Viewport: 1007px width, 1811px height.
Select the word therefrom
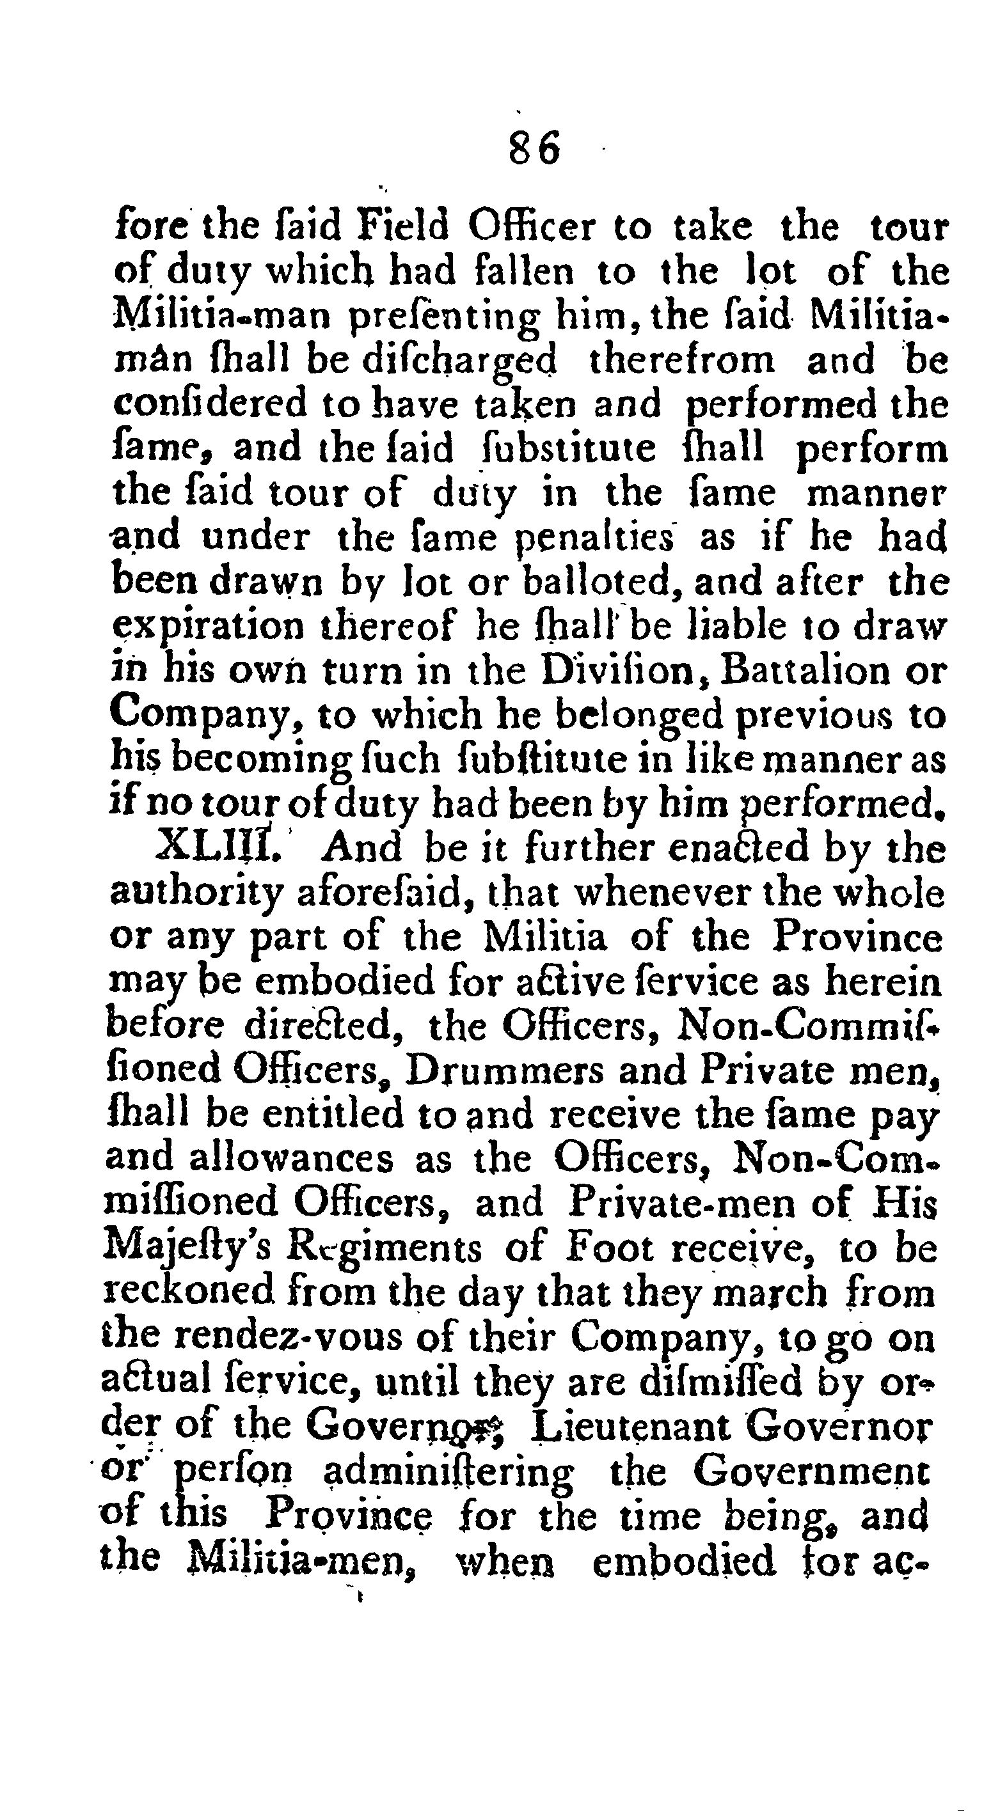[x=681, y=360]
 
